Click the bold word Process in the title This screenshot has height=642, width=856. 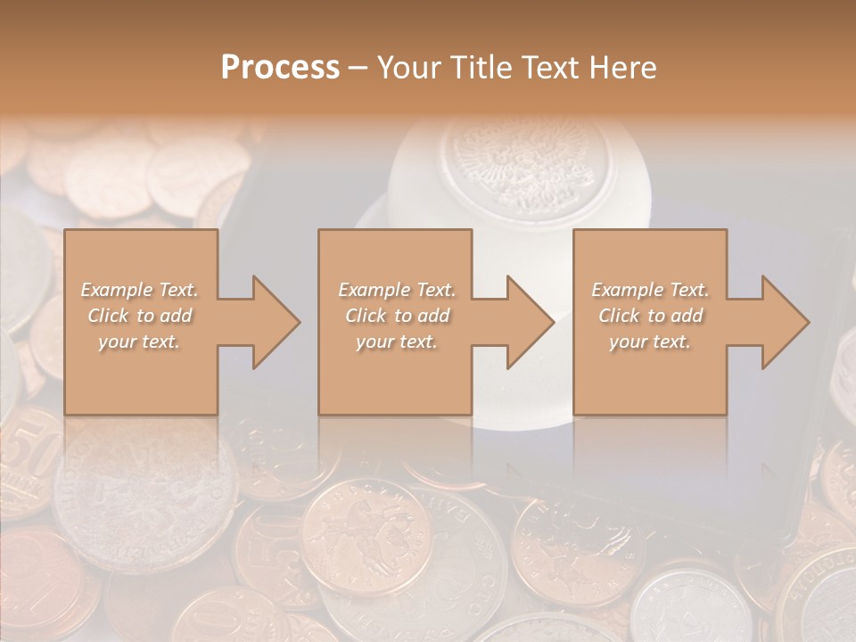tap(280, 68)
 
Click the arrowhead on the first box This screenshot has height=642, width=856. tap(273, 322)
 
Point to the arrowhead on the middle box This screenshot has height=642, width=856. tap(528, 322)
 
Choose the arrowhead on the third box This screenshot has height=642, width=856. tap(783, 322)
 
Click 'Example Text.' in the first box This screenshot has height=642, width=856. tap(140, 290)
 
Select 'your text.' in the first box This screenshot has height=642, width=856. tap(140, 342)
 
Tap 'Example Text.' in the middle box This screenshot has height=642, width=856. tap(396, 290)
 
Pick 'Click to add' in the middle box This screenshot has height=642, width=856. tap(396, 316)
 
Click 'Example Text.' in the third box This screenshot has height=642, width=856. tap(650, 290)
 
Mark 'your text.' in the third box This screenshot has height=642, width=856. tap(650, 342)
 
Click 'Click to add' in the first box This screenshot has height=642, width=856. tap(140, 316)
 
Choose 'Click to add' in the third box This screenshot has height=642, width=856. tap(650, 316)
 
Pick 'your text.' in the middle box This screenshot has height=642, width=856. tap(396, 342)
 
